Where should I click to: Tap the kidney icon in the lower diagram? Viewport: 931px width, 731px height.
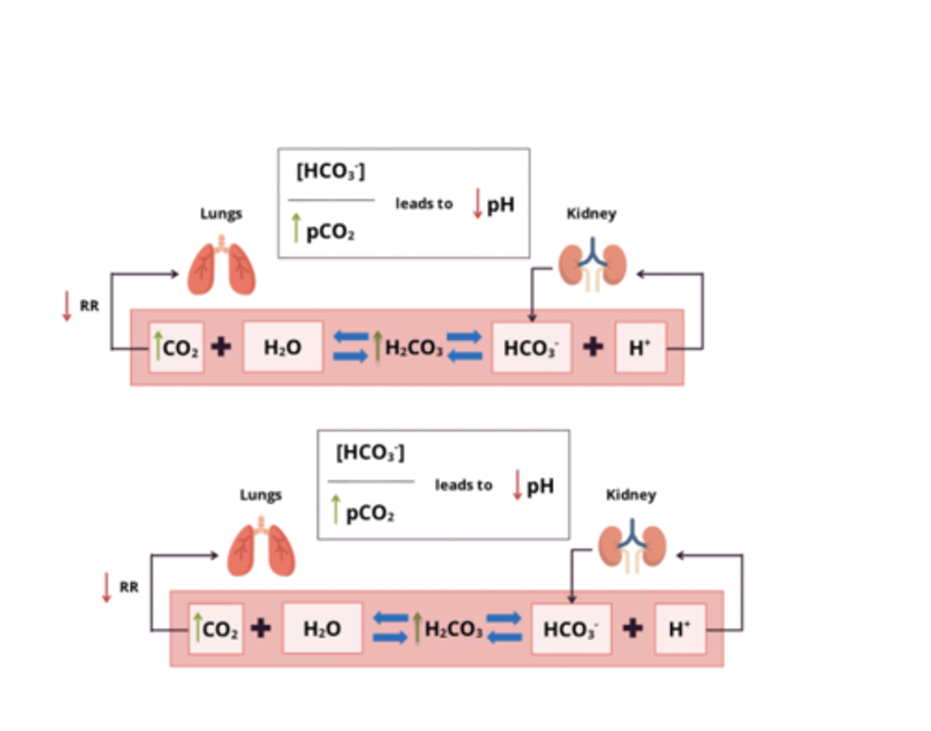click(632, 547)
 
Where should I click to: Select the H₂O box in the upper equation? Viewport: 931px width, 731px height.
click(283, 348)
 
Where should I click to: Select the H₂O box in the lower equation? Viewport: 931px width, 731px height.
click(322, 629)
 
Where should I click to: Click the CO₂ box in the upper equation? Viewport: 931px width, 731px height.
click(177, 348)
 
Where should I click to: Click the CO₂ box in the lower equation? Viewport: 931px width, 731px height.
click(216, 629)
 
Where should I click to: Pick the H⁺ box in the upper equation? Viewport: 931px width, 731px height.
click(640, 348)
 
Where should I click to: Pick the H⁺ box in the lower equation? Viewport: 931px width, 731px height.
click(680, 629)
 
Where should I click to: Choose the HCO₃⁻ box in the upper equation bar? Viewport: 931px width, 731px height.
click(531, 348)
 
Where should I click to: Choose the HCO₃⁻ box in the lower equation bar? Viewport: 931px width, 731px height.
click(571, 629)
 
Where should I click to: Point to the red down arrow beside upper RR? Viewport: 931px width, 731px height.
click(67, 306)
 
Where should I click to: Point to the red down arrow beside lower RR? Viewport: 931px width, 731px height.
click(107, 587)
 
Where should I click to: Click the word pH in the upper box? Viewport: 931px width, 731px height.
click(500, 205)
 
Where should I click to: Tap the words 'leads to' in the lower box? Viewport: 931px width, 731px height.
click(464, 485)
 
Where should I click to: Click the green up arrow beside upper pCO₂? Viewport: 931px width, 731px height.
click(296, 228)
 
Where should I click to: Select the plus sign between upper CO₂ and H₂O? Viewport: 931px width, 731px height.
click(221, 347)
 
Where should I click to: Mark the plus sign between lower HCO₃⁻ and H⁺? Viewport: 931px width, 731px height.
click(633, 628)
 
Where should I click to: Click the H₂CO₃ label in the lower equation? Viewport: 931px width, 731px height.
click(454, 629)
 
